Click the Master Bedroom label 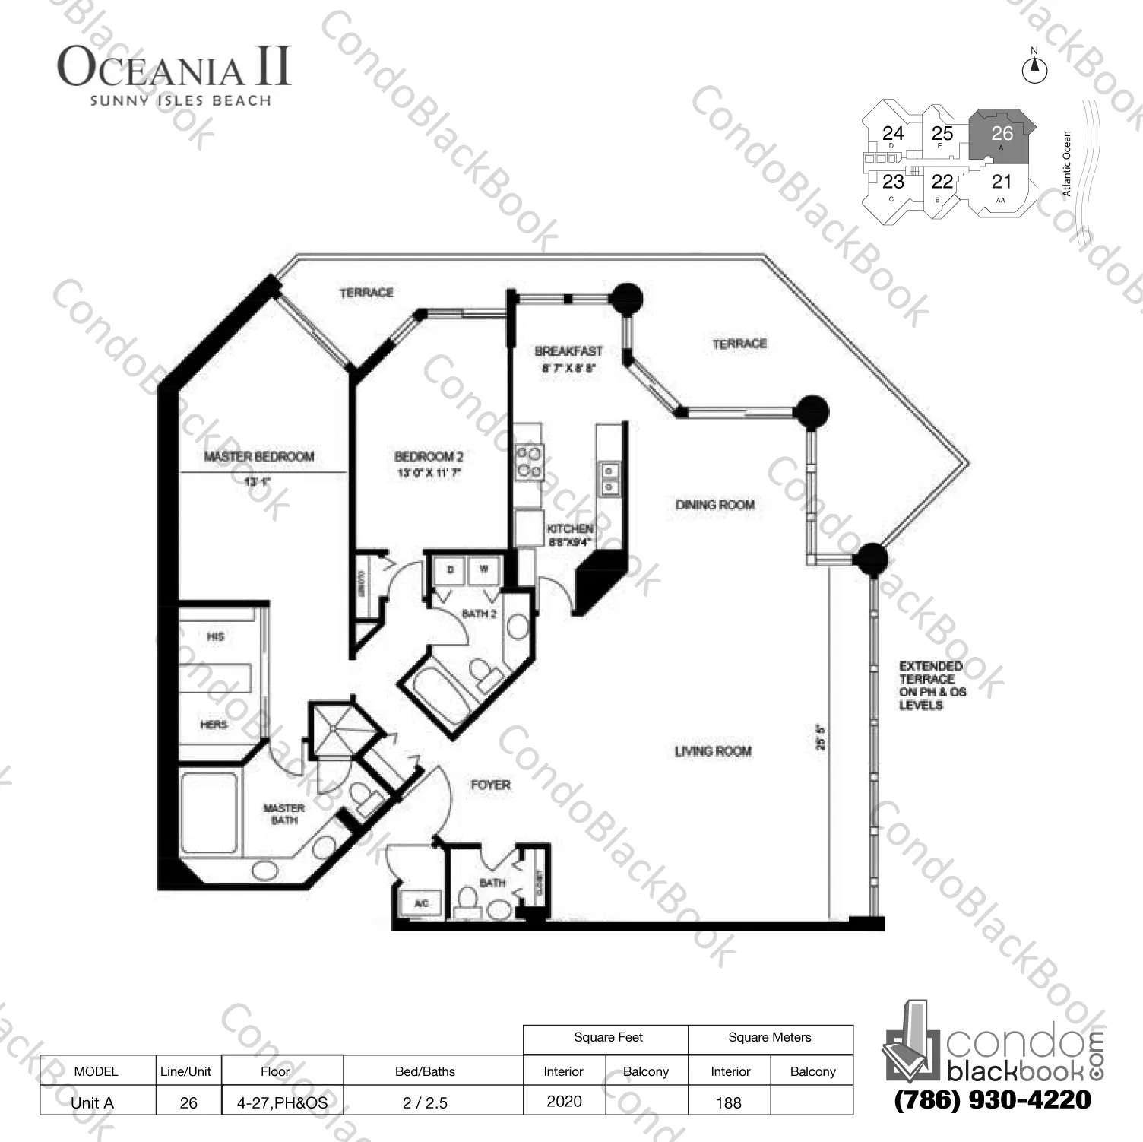258,456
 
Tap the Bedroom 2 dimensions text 429,473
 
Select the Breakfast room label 568,351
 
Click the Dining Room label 715,504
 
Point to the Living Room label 713,751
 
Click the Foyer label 490,785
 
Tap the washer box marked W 483,569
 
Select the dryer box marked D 451,569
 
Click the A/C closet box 421,903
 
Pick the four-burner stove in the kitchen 530,462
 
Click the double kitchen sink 609,479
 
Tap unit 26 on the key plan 1002,135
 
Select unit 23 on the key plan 893,182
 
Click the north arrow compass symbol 1034,69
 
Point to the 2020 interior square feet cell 564,1101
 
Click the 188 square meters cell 728,1102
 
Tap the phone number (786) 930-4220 992,1099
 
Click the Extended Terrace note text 932,685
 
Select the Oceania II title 174,67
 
